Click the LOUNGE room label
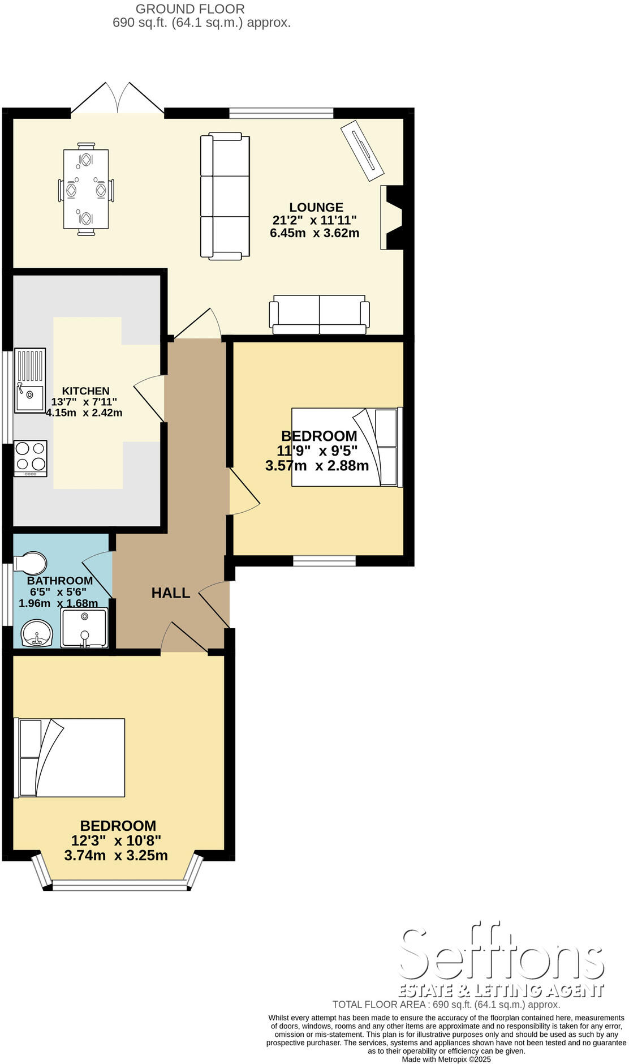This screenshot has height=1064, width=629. pos(316,207)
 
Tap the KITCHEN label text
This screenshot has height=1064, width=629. pos(85,391)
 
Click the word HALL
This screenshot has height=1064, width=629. pos(170,593)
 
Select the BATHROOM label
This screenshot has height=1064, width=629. pos(60,580)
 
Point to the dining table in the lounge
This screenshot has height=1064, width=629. pos(86,189)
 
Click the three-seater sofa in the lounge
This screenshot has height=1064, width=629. pos(225,196)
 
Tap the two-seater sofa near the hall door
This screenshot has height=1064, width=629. pos(320,315)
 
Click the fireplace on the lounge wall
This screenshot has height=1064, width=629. pos(391,217)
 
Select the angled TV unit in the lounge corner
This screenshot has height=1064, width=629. pos(362,151)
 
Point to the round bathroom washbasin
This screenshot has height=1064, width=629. pos(37,633)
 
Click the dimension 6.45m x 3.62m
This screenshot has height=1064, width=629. pos(314,233)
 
